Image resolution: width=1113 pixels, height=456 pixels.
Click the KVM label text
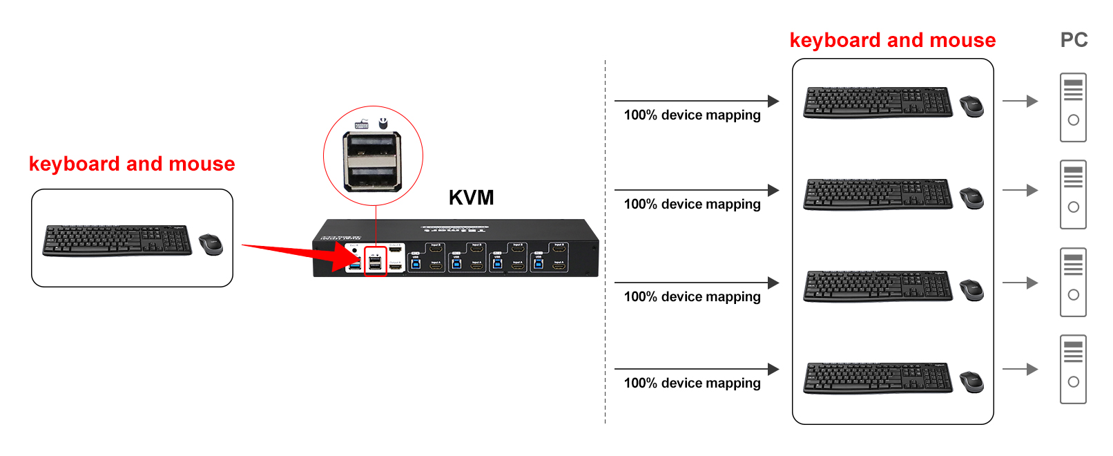point(471,198)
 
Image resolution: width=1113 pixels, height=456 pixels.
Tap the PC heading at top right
point(1074,40)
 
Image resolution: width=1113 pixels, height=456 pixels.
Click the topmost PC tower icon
point(1073,107)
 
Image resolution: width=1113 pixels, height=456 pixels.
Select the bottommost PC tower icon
point(1073,369)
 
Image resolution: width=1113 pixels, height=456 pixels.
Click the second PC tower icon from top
point(1073,194)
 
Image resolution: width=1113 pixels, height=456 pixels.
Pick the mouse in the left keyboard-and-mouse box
point(211,245)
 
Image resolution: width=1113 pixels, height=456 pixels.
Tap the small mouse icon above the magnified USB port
point(383,124)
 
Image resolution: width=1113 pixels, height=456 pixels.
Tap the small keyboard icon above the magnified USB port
point(361,125)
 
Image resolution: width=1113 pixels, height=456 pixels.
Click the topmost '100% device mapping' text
point(692,115)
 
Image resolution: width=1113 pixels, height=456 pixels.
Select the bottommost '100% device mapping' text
point(692,383)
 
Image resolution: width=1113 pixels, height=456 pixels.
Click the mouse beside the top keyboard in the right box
point(971,106)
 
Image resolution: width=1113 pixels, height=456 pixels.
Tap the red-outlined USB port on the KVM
point(375,262)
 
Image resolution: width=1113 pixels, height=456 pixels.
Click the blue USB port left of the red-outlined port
point(355,265)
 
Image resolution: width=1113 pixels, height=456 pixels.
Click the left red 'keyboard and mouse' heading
point(132,164)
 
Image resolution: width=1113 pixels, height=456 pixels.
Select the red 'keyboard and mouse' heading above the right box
point(892,41)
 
